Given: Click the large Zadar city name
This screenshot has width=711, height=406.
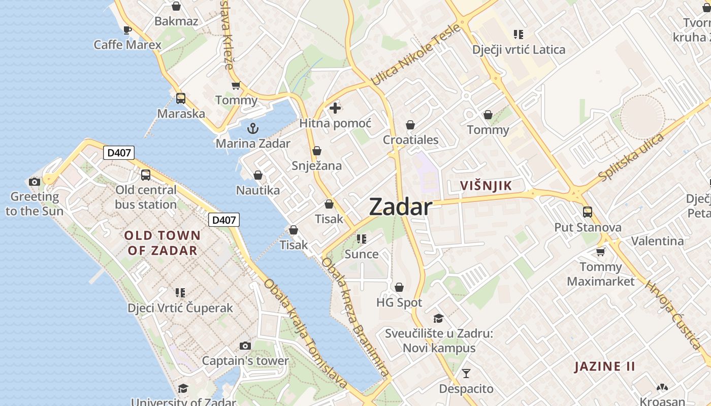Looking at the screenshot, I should pos(401,207).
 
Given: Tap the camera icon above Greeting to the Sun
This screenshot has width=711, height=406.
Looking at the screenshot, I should pos(35,182).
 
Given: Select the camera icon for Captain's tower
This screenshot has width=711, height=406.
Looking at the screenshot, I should pos(245,346).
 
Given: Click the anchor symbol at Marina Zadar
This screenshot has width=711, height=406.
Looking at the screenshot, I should pos(253,128).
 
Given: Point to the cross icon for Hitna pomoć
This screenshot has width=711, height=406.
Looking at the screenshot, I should pos(335,108).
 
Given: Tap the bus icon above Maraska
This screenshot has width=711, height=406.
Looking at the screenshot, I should pos(181,98).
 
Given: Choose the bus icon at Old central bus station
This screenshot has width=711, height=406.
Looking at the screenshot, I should pos(146,175).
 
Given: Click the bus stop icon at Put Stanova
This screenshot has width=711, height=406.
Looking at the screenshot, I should pos(588,212).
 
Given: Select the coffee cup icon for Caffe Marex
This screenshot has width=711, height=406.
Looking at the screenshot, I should pos(127,30).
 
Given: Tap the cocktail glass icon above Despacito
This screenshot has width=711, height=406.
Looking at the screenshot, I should pos(466,374).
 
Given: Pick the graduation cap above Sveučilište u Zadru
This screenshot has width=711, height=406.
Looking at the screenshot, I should pos(438,318).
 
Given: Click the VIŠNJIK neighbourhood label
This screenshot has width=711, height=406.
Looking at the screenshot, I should pos(486,186).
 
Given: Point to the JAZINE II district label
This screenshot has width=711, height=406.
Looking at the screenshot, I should pos(605,366).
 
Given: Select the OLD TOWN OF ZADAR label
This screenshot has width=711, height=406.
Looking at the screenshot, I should pos(163,243).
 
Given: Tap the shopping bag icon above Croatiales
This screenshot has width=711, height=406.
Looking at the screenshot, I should pos(410,125).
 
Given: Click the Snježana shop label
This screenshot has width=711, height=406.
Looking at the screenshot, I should pos(317,166).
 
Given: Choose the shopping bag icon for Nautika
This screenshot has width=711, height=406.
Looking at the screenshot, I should pos(258,176).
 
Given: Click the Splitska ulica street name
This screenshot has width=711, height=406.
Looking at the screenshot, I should pos(631,157).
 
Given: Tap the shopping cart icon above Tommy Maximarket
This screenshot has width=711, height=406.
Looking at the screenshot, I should pos(601,252).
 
